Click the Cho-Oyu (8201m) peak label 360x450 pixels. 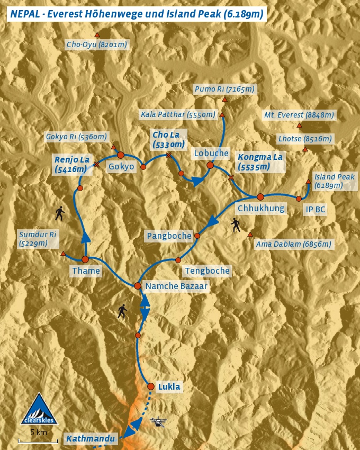pyautogui.click(x=97, y=45)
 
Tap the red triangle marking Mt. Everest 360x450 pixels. pyautogui.click(x=300, y=125)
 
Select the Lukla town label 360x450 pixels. pyautogui.click(x=169, y=387)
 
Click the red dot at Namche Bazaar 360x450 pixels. pyautogui.click(x=138, y=286)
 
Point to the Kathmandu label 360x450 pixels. pyautogui.click(x=90, y=438)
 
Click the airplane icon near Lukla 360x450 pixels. pyautogui.click(x=158, y=422)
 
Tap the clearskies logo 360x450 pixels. pyautogui.click(x=39, y=409)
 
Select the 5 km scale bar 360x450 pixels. pyautogui.click(x=38, y=440)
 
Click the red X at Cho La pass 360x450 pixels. pyautogui.click(x=168, y=155)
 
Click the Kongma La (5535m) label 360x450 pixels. pyautogui.click(x=260, y=162)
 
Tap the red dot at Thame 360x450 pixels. pyautogui.click(x=85, y=259)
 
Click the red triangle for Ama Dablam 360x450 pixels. pyautogui.click(x=250, y=235)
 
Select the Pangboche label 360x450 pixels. pyautogui.click(x=169, y=236)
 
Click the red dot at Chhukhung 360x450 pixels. pyautogui.click(x=260, y=197)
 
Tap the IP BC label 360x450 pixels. pyautogui.click(x=315, y=210)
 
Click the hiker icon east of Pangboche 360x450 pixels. pyautogui.click(x=236, y=226)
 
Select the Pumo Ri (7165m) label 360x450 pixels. pyautogui.click(x=224, y=89)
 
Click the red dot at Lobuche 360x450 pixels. pyautogui.click(x=210, y=165)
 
